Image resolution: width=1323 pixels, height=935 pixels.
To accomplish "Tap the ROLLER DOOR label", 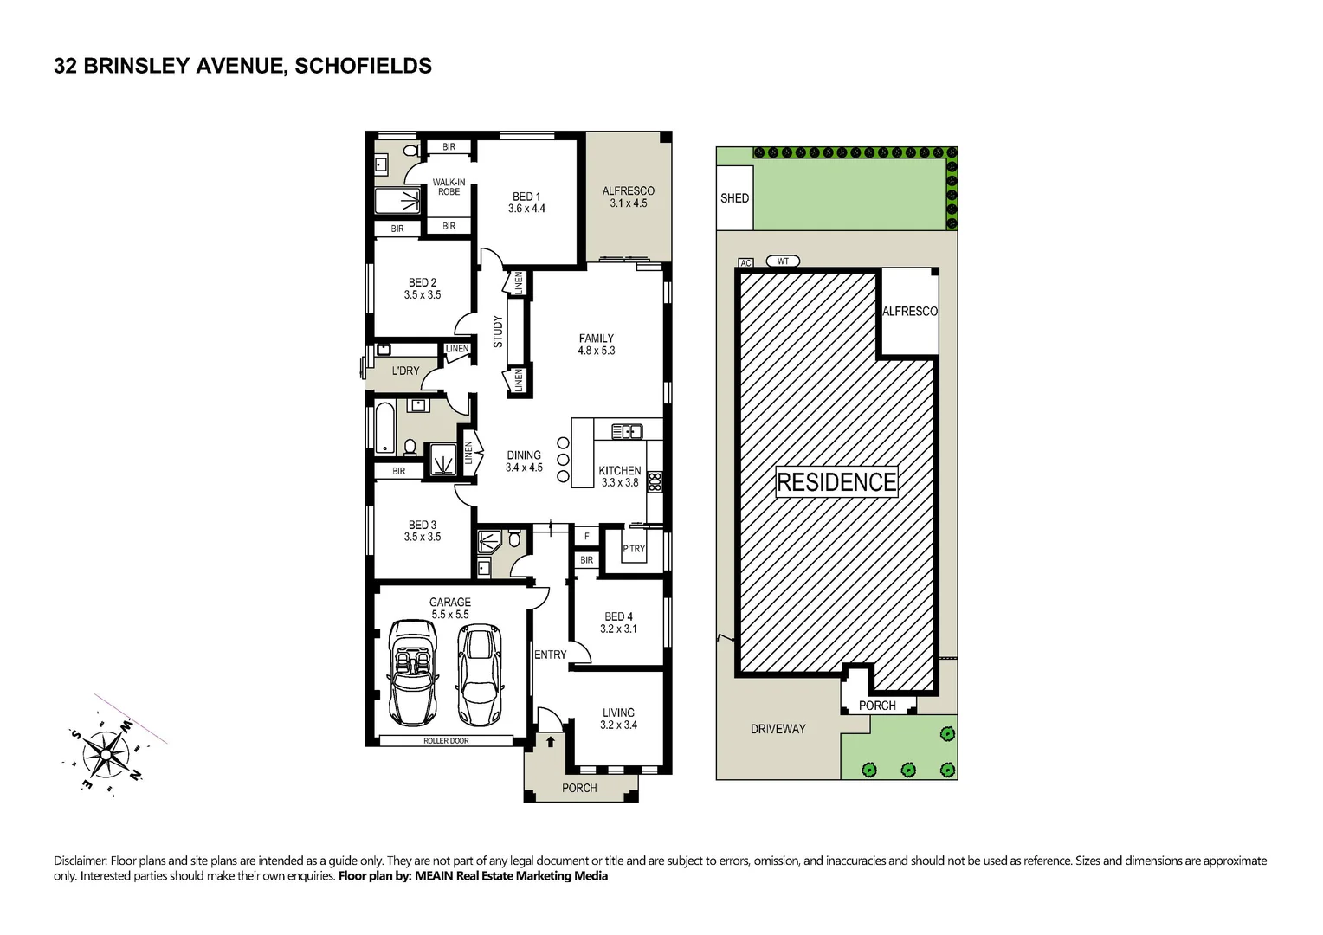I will coord(446,741).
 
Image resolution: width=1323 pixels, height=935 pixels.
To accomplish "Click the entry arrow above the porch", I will coord(550,741).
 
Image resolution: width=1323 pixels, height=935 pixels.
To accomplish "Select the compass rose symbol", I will coord(105,752).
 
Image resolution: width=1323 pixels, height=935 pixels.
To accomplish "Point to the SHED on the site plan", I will coord(734,198).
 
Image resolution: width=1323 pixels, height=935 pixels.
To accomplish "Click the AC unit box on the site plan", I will coord(745,262).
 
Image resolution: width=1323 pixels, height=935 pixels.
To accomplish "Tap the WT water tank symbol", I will coord(783,261).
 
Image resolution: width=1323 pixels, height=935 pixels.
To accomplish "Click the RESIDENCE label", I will coord(836,482).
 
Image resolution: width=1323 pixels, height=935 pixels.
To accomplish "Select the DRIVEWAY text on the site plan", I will coord(778,729).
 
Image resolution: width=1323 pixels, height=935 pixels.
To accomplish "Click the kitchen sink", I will coord(626,430).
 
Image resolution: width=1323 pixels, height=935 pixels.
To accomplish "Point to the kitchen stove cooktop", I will coord(655,481).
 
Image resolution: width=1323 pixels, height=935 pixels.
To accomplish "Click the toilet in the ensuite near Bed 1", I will coord(411,151).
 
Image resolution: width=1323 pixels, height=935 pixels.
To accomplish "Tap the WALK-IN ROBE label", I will coord(449,187).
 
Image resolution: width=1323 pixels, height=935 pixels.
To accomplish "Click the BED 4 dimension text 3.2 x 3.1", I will coord(618,629).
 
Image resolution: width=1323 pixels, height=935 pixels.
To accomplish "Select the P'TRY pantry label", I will coord(634,549).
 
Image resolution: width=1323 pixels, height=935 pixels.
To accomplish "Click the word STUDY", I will coord(498,332).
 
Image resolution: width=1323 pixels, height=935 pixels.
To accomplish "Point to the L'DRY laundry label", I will coord(405,371).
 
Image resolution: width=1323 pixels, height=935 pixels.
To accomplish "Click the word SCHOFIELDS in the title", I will coord(363,66).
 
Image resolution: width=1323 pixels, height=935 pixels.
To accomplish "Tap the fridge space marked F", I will coord(586,537).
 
